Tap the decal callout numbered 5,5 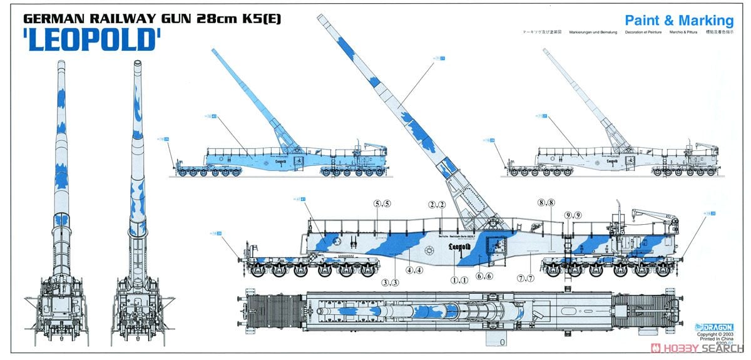[x=382, y=203]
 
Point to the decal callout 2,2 [x=436, y=205]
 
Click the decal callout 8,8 [x=546, y=202]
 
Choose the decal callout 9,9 [x=572, y=215]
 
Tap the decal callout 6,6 [x=484, y=275]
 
